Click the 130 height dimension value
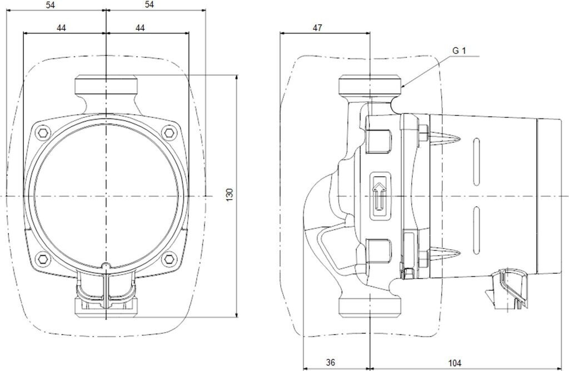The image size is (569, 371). pos(229,195)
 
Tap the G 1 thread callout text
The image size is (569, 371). pos(458,50)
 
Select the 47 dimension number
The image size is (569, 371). pos(317,27)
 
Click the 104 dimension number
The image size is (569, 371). pos(455,363)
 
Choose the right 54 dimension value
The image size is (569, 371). pos(149,4)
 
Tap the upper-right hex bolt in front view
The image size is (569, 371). pos(168,132)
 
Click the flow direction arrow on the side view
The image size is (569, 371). pos(380,196)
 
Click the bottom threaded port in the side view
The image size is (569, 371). pos(370,306)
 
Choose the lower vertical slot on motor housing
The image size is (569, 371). pos(476,220)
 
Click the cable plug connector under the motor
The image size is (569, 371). pos(508,288)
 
